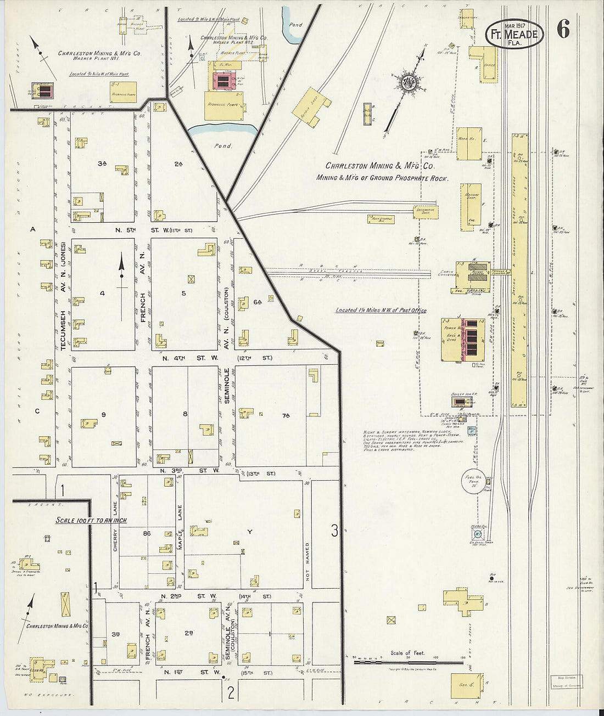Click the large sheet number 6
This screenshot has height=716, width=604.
click(563, 29)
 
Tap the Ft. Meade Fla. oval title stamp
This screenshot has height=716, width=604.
click(514, 34)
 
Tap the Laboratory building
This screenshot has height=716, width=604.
click(467, 18)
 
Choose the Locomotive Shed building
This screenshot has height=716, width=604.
click(426, 211)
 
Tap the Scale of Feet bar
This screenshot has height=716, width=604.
click(408, 662)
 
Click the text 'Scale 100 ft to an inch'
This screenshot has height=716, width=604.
click(91, 520)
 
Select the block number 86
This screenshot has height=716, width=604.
click(147, 533)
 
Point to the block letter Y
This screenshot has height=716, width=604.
click(250, 532)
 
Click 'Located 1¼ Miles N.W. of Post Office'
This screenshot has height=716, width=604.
click(381, 311)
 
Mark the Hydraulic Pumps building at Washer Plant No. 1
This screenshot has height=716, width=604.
click(123, 92)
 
